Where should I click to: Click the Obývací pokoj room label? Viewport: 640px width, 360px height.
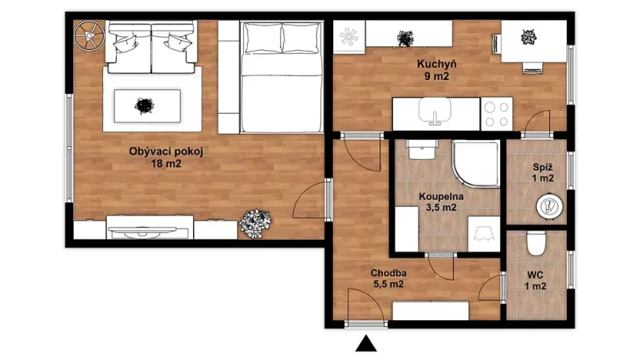[x=166, y=152]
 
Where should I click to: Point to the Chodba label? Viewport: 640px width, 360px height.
[x=388, y=272]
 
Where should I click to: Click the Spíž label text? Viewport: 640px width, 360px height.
[x=544, y=166]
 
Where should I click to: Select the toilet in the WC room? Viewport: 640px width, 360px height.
[x=537, y=245]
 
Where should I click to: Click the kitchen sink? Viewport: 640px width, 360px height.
[x=436, y=115]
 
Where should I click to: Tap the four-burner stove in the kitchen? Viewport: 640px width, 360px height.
[x=498, y=114]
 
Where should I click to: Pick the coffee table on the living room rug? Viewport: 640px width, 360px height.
[x=147, y=105]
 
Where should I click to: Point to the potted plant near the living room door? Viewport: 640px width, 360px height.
[x=255, y=222]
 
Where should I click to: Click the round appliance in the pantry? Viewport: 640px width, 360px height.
[x=548, y=205]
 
